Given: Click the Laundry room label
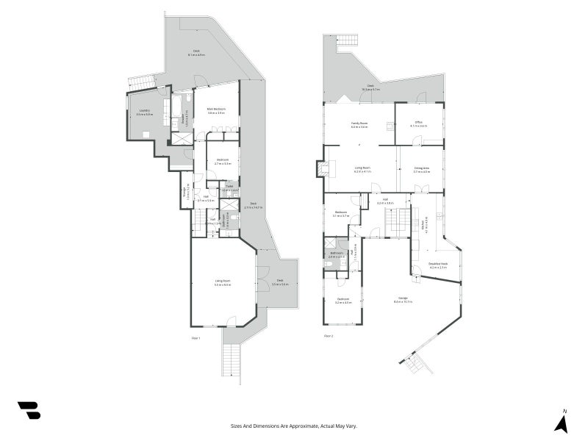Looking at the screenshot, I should pos(145,112).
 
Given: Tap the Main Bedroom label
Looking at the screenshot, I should pos(216,111).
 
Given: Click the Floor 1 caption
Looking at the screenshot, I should pos(196,337).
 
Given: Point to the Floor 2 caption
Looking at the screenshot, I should pos(329,337).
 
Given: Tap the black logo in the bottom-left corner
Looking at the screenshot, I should pos(29,410).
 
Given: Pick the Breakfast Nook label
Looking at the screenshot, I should pos(439,265).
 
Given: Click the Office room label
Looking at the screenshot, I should pos(418,124).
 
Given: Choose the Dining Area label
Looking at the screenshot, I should pos(421,170).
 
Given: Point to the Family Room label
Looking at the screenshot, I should pos(359,124).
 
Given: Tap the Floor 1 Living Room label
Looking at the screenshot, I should pos(223,283).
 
